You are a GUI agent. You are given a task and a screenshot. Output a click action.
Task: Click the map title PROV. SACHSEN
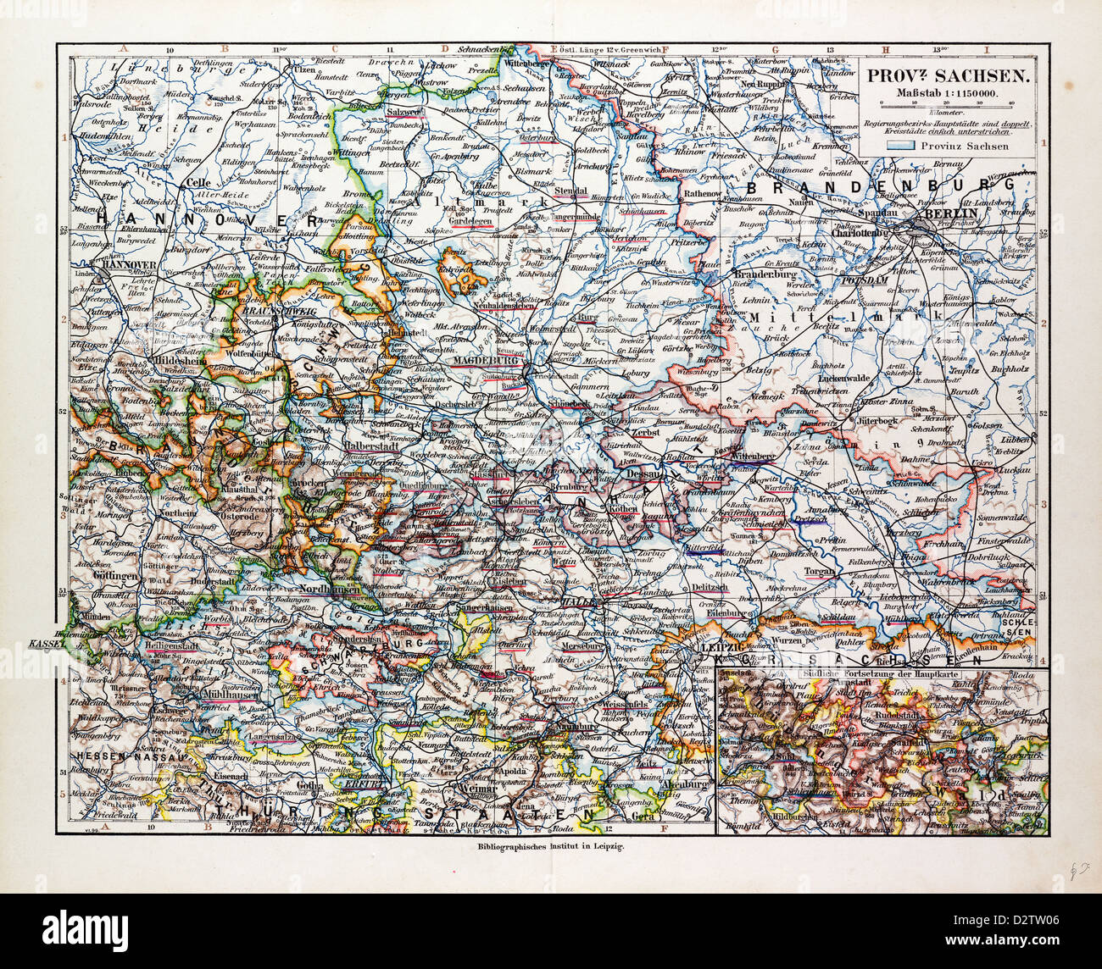point(947,76)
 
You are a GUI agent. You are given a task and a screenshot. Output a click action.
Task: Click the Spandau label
point(878,212)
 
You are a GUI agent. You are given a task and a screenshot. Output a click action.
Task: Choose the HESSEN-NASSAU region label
point(117,755)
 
